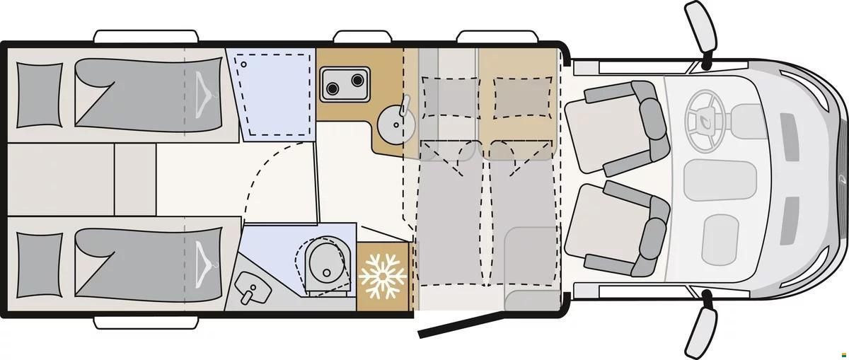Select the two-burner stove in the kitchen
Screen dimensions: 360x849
point(345,83)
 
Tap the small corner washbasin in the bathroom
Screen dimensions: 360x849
point(251,287)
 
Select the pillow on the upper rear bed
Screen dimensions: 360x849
point(38,95)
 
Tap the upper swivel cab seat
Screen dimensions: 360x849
point(616,128)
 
